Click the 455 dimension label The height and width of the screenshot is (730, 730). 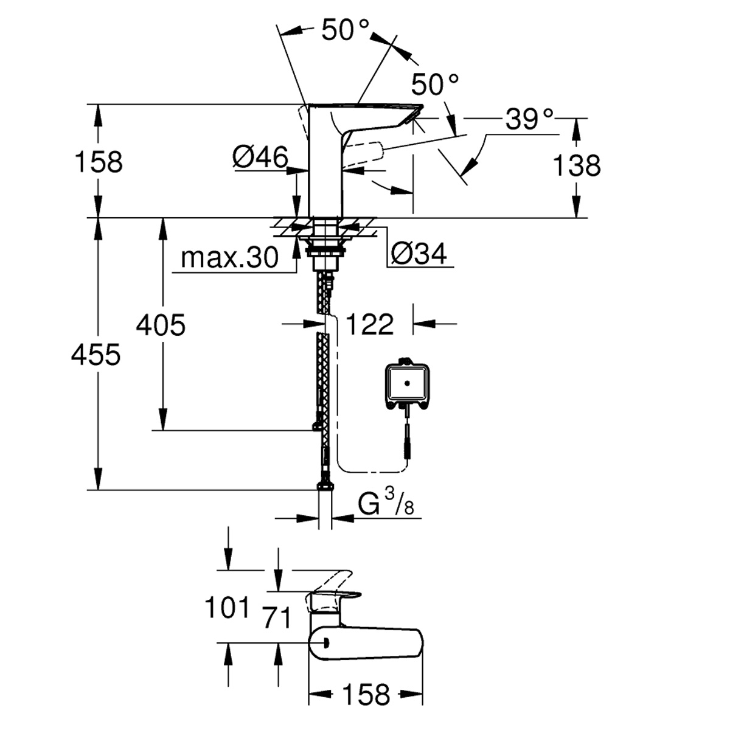pos(96,355)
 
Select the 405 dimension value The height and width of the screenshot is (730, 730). pos(161,325)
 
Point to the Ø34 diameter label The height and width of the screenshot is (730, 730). pos(419,254)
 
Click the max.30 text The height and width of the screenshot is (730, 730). pos(229,258)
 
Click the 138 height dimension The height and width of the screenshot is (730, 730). pos(577,165)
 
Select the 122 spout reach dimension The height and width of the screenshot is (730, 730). pos(370,324)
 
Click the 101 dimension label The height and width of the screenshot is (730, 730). pos(228,608)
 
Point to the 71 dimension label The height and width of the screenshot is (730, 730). pos(277,618)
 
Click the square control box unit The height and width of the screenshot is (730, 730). pos(407,384)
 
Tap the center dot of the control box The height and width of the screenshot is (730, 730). pos(407,383)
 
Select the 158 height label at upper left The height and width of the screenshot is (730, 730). pos(99,162)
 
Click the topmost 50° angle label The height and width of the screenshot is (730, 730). pos(345,30)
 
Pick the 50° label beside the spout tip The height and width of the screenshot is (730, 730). pos(435,84)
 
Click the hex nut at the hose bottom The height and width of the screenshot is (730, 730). pos(325,486)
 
